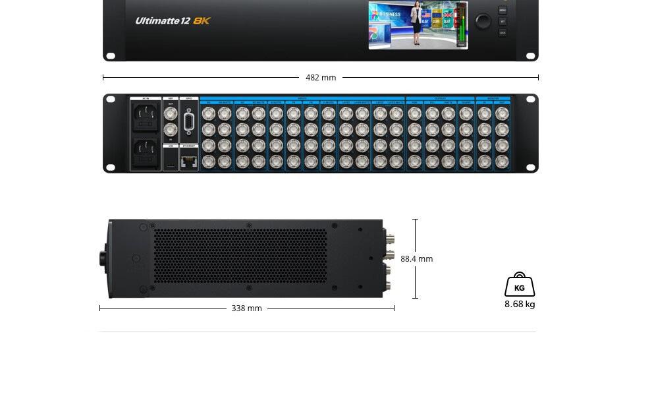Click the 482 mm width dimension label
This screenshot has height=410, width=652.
click(321, 78)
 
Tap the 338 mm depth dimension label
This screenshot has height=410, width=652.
click(246, 308)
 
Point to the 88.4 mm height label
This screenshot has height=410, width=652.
click(416, 259)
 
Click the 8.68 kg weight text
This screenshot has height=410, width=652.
click(520, 305)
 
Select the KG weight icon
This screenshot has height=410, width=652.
click(520, 285)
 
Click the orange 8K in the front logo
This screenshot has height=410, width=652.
click(202, 20)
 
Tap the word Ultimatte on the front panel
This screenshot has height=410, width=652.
click(157, 20)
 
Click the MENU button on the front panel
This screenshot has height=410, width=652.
click(503, 11)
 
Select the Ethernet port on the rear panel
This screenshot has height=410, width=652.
click(189, 160)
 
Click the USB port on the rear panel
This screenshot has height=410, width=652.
click(171, 160)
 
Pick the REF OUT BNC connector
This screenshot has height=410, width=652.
click(171, 112)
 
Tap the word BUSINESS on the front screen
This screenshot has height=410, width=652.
click(390, 14)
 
